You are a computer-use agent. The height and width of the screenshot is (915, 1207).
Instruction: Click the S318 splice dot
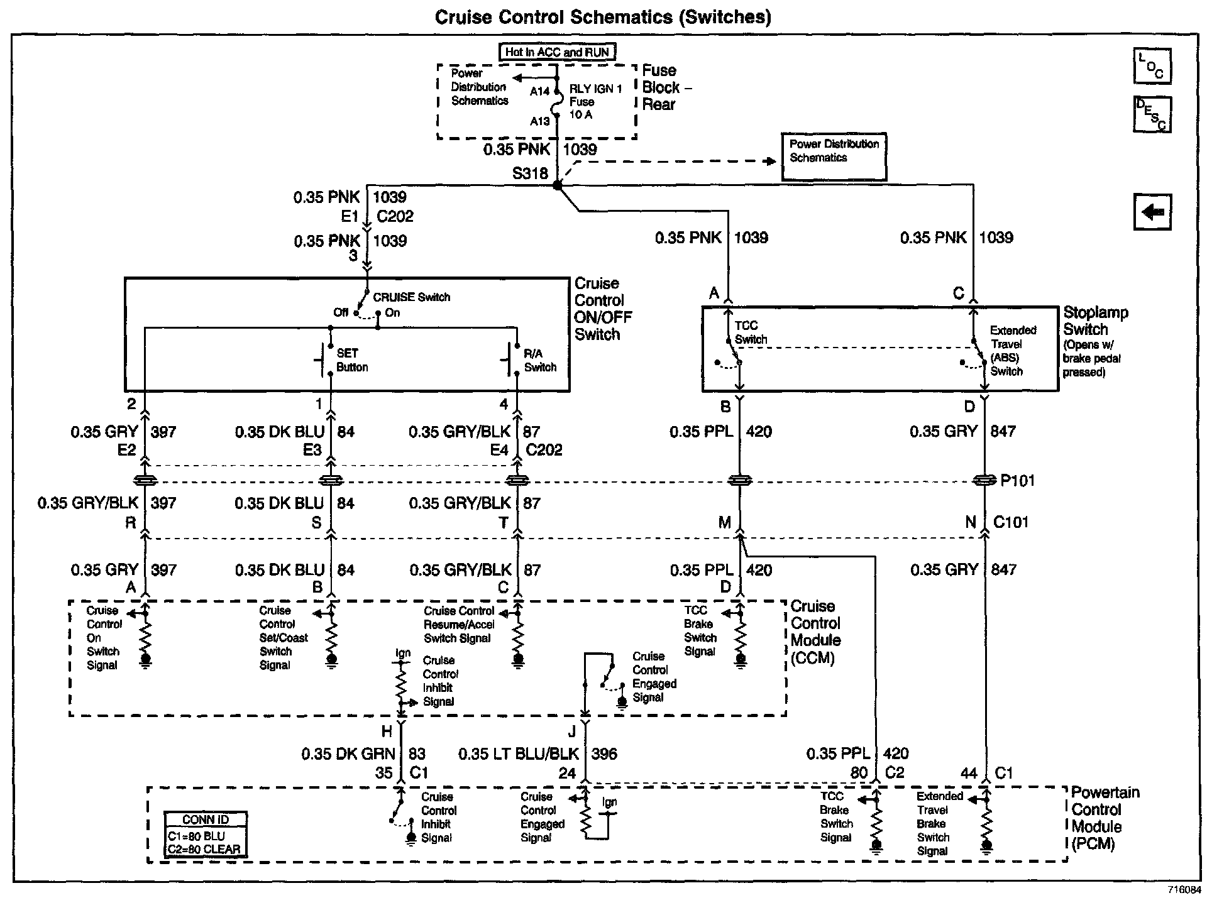(557, 185)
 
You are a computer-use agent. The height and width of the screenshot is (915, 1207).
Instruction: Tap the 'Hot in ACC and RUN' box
(557, 52)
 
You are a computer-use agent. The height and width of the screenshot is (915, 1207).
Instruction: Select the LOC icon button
(1152, 66)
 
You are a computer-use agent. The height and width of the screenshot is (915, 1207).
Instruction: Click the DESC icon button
(1152, 114)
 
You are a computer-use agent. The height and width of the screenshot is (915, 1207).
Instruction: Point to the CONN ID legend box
(205, 835)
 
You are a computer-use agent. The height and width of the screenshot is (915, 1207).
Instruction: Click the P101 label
(1017, 481)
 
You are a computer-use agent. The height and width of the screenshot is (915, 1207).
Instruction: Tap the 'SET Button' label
(351, 360)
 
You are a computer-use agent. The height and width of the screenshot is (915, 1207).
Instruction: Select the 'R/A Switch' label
(539, 360)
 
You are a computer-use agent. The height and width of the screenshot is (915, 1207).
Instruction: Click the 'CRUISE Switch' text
(411, 297)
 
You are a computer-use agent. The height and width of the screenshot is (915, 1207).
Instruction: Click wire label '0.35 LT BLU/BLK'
(518, 753)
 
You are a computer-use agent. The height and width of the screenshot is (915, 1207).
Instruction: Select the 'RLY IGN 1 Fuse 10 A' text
(594, 102)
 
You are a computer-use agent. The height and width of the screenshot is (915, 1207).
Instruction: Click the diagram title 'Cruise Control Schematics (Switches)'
(603, 17)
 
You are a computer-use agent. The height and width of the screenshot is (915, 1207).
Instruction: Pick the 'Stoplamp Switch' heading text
(1095, 321)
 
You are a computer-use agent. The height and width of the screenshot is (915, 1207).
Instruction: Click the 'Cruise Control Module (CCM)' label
(815, 632)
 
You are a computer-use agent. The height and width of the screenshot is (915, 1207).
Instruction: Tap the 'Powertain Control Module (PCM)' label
(1105, 818)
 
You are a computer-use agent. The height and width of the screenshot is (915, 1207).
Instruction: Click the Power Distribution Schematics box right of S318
(834, 156)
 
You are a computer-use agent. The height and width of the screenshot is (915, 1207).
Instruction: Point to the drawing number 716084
(1184, 890)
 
